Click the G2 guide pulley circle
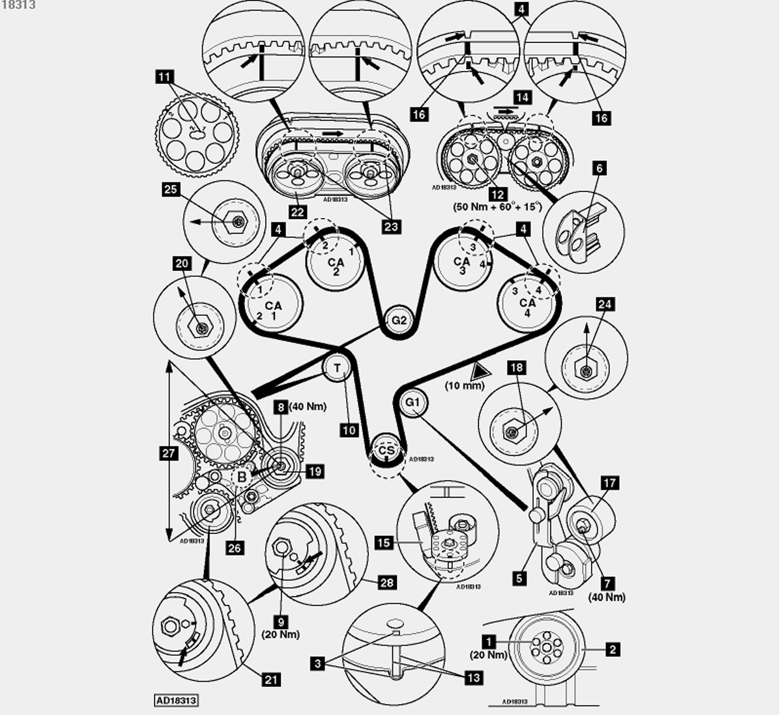point(399,320)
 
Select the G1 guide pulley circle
point(413,402)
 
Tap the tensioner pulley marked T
point(338,369)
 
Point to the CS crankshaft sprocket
point(386,450)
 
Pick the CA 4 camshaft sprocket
point(528,303)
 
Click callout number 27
point(169,453)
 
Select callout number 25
point(171,189)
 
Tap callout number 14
point(523,97)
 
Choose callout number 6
point(599,168)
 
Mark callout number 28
point(387,582)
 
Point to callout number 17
point(610,483)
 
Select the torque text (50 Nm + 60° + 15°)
point(497,206)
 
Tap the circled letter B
point(242,477)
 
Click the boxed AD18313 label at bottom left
point(176,701)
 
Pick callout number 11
point(164,77)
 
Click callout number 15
point(384,542)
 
